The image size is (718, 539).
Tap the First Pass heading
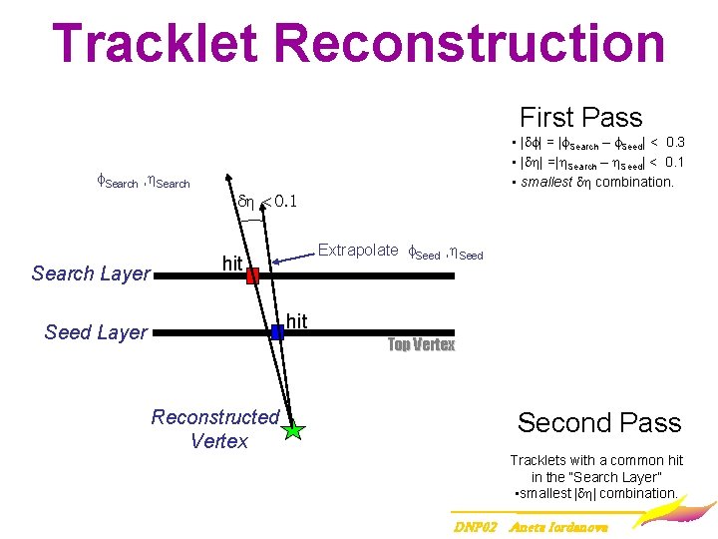pos(580,118)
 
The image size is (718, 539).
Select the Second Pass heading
pos(598,422)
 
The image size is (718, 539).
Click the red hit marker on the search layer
pos(252,275)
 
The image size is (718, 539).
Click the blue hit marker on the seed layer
pos(277,332)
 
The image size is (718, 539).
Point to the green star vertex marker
pos(292,430)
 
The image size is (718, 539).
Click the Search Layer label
pos(91,273)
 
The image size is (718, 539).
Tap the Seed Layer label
pos(96,332)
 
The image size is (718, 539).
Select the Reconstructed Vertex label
pos(216,428)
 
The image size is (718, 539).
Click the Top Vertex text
pos(421,345)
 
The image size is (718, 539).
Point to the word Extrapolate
pos(358,251)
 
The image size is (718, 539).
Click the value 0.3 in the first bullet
pos(674,143)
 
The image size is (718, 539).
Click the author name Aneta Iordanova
pos(558,525)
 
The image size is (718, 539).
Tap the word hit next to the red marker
pos(232,264)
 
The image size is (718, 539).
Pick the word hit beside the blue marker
pos(296,320)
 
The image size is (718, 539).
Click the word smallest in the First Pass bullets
pos(546,182)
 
